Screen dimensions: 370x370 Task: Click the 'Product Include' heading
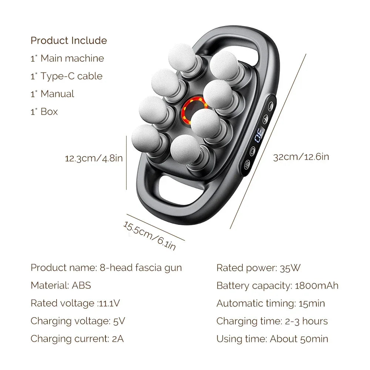pyautogui.click(x=68, y=40)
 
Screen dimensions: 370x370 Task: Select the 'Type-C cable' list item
pyautogui.click(x=71, y=76)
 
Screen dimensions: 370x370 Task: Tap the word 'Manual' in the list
pyautogui.click(x=57, y=94)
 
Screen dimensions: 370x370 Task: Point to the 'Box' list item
pyautogui.click(x=49, y=112)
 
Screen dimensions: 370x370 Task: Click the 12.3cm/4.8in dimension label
pyautogui.click(x=94, y=158)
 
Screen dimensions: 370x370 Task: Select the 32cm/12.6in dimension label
pyautogui.click(x=301, y=157)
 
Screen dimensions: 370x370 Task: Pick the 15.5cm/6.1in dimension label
pyautogui.click(x=149, y=235)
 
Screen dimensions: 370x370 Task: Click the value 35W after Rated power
pyautogui.click(x=290, y=268)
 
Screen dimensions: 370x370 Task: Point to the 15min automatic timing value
pyautogui.click(x=312, y=303)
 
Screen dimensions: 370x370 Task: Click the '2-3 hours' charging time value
pyautogui.click(x=306, y=321)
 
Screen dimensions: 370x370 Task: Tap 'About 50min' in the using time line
pyautogui.click(x=299, y=339)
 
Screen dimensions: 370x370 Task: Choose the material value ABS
pyautogui.click(x=81, y=286)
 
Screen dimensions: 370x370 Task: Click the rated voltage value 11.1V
pyautogui.click(x=109, y=303)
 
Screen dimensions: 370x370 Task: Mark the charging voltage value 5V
pyautogui.click(x=119, y=321)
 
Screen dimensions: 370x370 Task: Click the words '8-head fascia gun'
pyautogui.click(x=141, y=268)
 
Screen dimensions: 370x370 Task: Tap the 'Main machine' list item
pyautogui.click(x=72, y=58)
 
